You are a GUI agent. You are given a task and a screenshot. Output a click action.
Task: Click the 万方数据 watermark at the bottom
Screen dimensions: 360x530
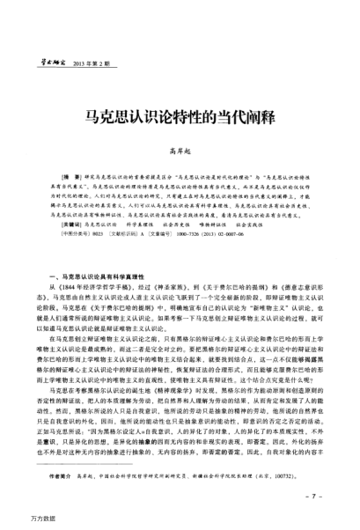(x=18, y=520)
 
